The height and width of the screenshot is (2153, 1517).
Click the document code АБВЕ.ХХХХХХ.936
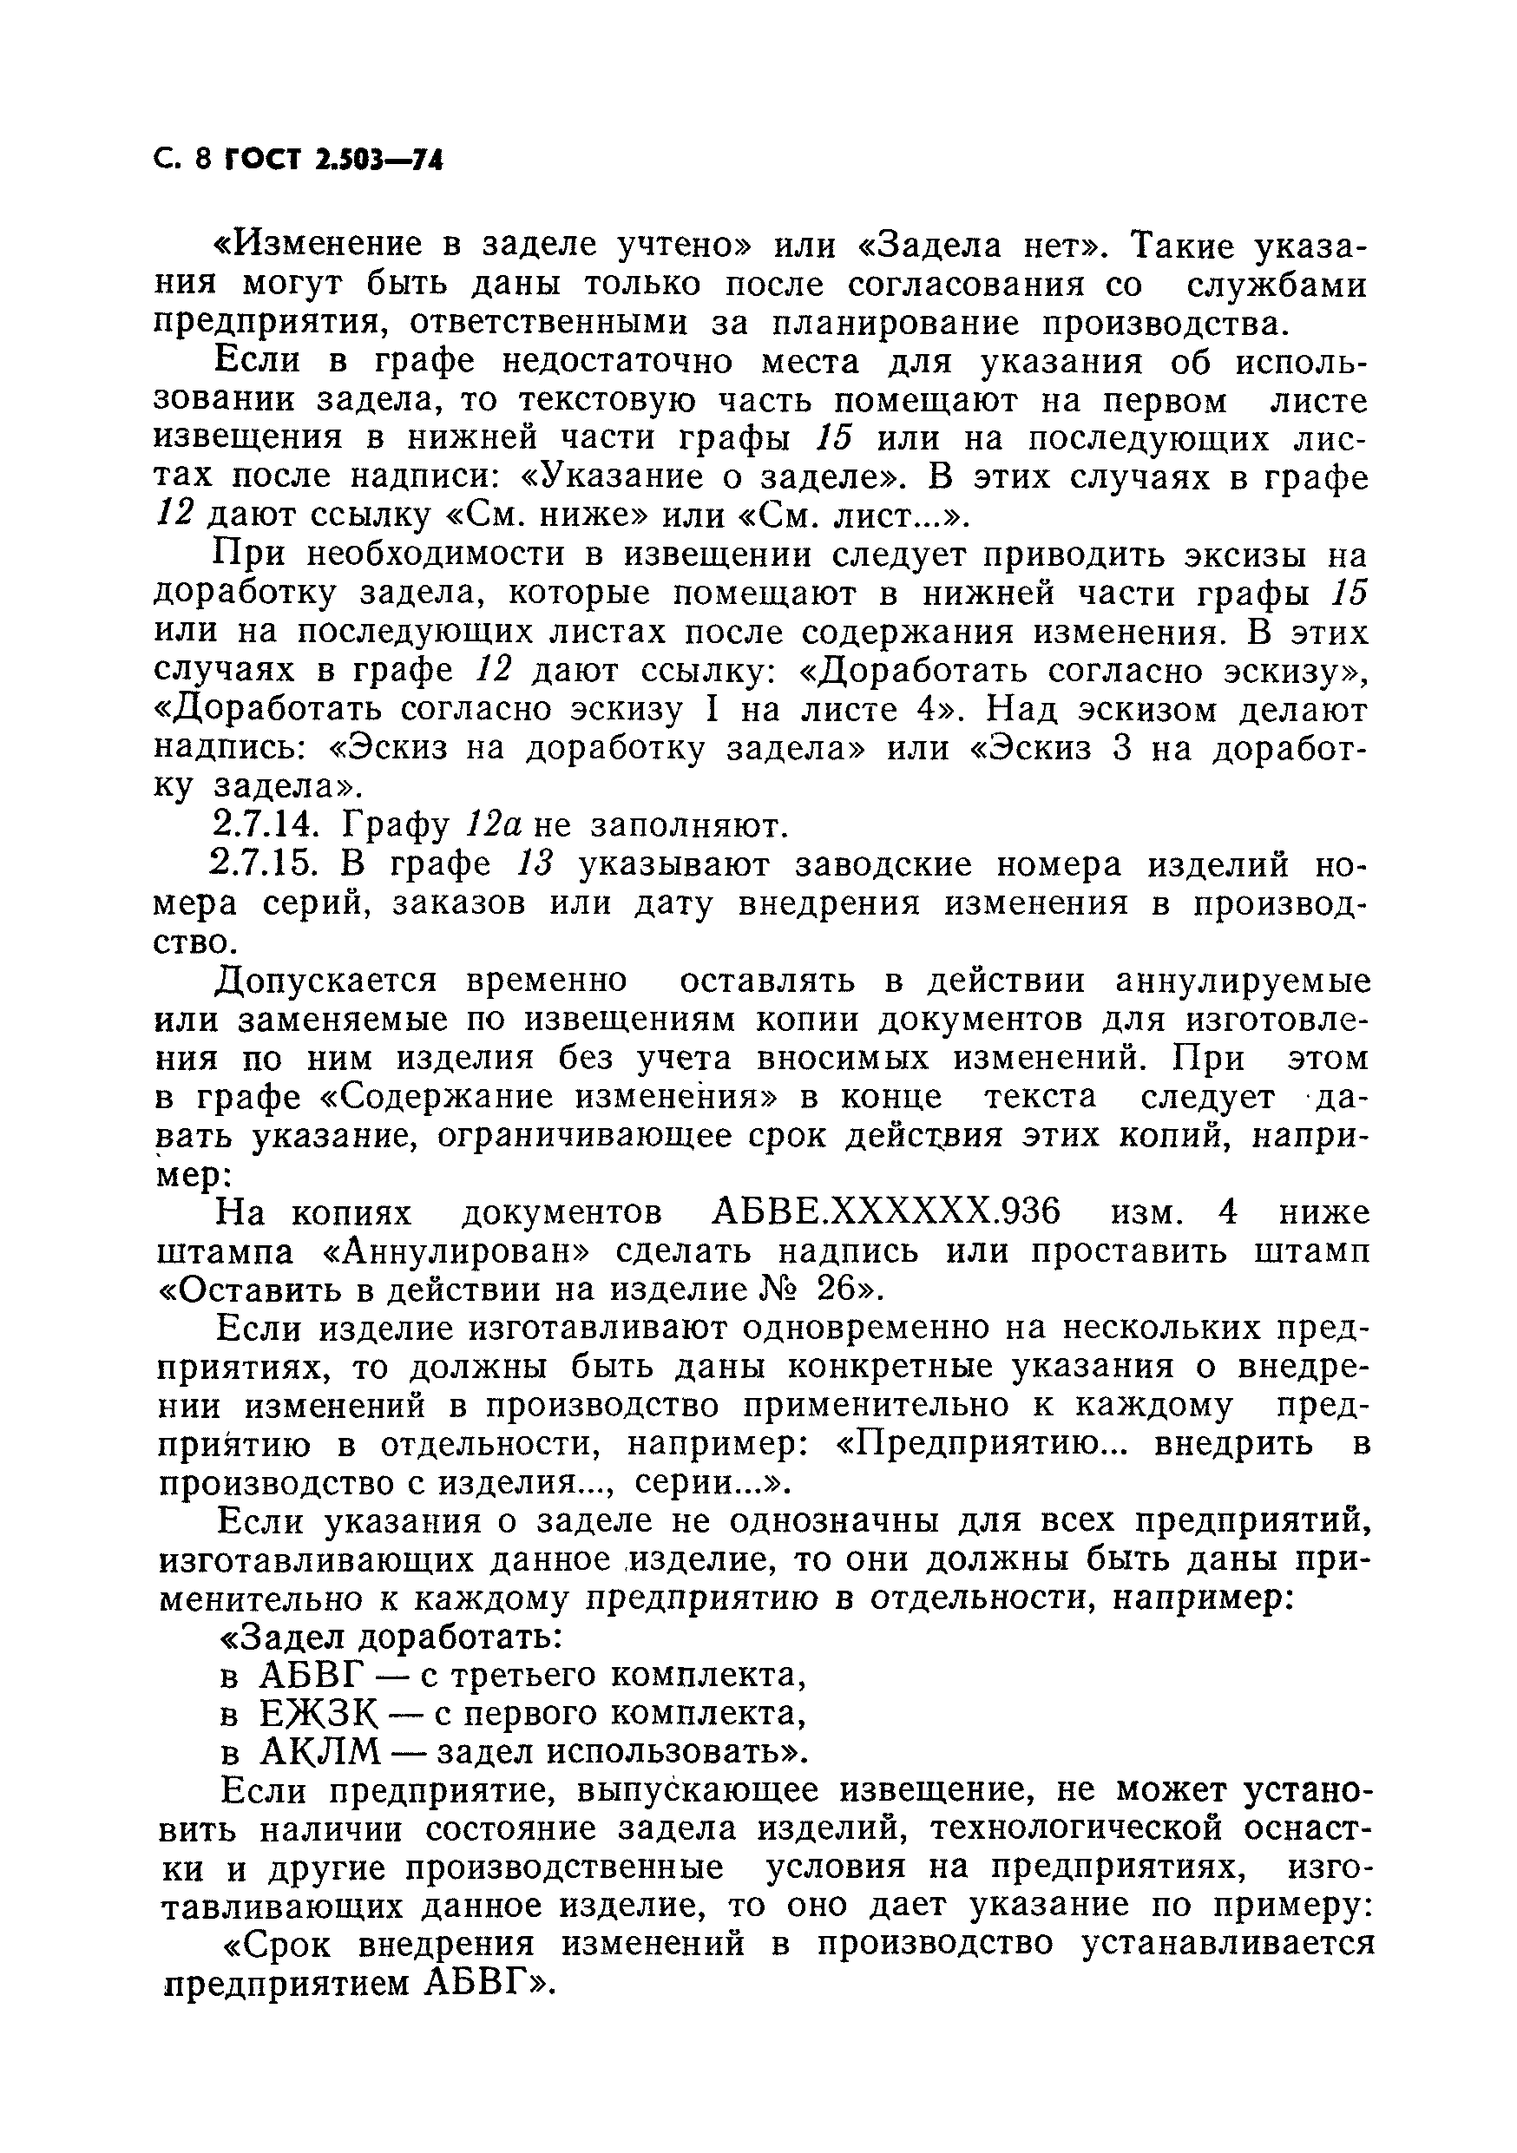(x=886, y=1212)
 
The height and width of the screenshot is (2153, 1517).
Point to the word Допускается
(x=327, y=981)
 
